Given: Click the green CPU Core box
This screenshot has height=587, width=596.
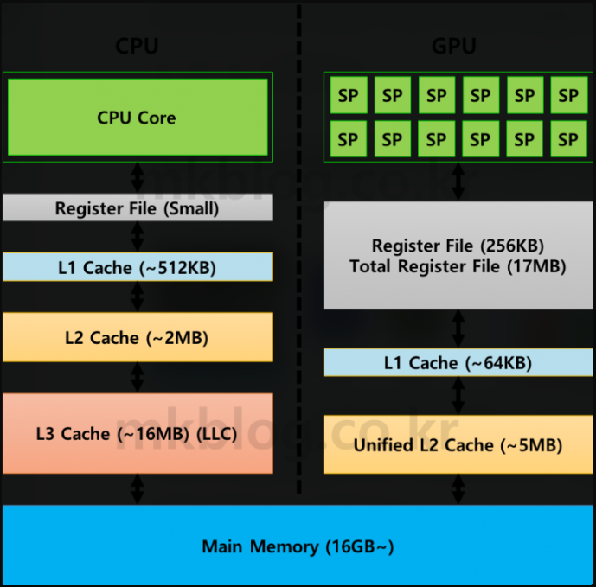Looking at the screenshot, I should [138, 118].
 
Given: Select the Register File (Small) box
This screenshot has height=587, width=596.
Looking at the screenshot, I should [138, 208].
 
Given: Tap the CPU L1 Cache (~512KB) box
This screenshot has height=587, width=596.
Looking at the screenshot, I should [138, 267].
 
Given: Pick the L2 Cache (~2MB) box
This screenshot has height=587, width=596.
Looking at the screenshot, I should [138, 337].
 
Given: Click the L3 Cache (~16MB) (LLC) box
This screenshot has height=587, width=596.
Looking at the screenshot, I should [138, 433].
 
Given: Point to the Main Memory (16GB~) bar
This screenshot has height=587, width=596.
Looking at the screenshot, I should [298, 546].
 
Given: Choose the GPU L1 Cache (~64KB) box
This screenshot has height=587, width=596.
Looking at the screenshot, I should [458, 362].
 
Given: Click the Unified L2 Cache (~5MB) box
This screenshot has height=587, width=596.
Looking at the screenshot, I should [458, 444].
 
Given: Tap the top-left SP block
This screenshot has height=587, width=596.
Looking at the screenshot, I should [348, 96].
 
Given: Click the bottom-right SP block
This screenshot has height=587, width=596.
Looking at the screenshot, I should [567, 139].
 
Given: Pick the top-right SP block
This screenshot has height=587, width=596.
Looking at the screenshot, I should [567, 96].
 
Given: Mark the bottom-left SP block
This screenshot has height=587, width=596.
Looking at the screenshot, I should [348, 139].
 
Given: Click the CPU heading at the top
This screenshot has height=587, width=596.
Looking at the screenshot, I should [138, 47].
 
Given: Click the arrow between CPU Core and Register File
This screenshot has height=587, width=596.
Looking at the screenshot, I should [138, 177].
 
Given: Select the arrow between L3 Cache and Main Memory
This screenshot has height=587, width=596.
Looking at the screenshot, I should [138, 489].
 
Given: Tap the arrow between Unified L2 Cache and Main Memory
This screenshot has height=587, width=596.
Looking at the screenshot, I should [458, 489].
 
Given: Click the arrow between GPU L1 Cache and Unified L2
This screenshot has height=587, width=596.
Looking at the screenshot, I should [458, 395].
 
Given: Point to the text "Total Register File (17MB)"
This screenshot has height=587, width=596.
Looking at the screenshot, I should [458, 266].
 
